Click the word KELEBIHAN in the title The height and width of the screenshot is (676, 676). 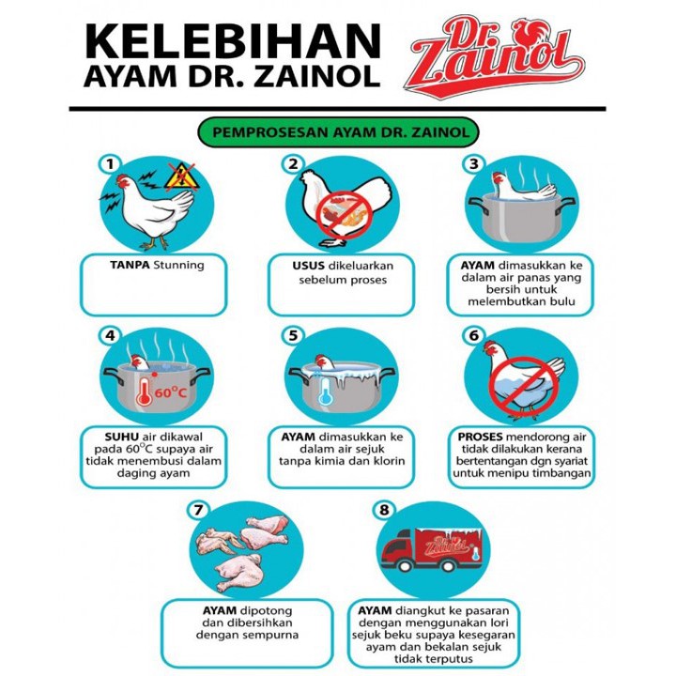pos(233,42)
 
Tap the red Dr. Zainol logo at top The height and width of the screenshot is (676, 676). pos(494,56)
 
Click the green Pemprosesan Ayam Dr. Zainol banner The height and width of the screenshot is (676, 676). pos(338,132)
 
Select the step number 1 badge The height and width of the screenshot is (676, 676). pos(111,164)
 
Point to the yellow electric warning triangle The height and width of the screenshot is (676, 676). pos(181,177)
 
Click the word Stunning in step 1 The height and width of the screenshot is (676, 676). pos(178,265)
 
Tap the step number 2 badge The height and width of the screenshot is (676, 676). pos(293,163)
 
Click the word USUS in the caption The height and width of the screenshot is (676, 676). pos(308,266)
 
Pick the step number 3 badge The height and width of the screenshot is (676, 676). pos(474,163)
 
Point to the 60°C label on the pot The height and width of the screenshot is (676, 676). pos(171,392)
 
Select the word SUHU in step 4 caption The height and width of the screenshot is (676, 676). pos(121,437)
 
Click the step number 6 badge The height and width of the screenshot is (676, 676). pos(474,335)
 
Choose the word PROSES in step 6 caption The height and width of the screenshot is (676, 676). pos(481,437)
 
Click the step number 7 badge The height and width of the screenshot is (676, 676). pos(197,510)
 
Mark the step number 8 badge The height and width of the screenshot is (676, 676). pos(384,510)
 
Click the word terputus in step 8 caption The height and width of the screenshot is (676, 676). pos(452,659)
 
